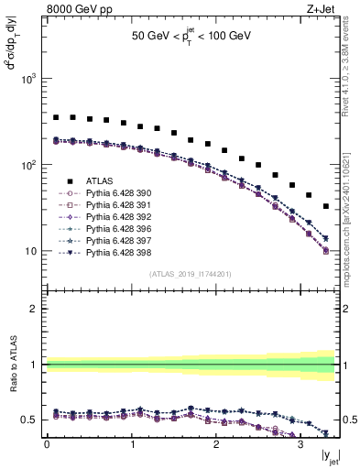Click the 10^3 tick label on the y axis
pos(30,80)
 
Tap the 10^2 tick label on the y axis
pos(30,166)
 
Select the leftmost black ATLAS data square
pos(56,117)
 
